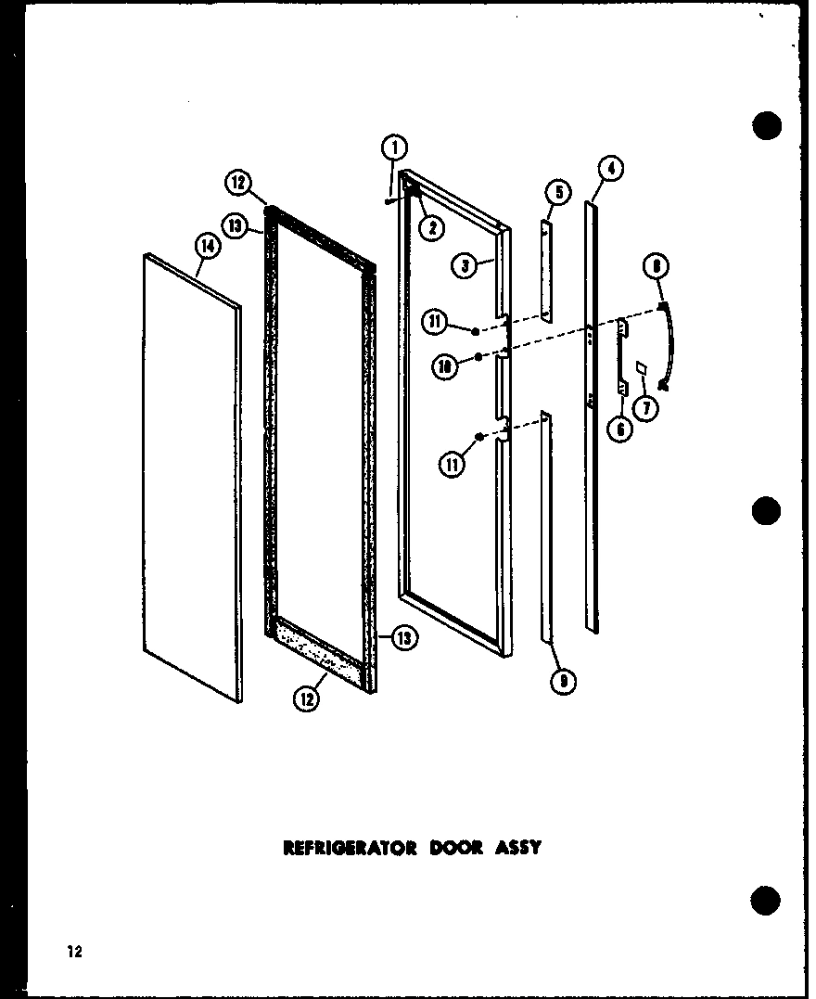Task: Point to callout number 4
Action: (610, 170)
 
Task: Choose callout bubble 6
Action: (621, 429)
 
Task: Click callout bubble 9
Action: (563, 683)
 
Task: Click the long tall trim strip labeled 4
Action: (592, 417)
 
